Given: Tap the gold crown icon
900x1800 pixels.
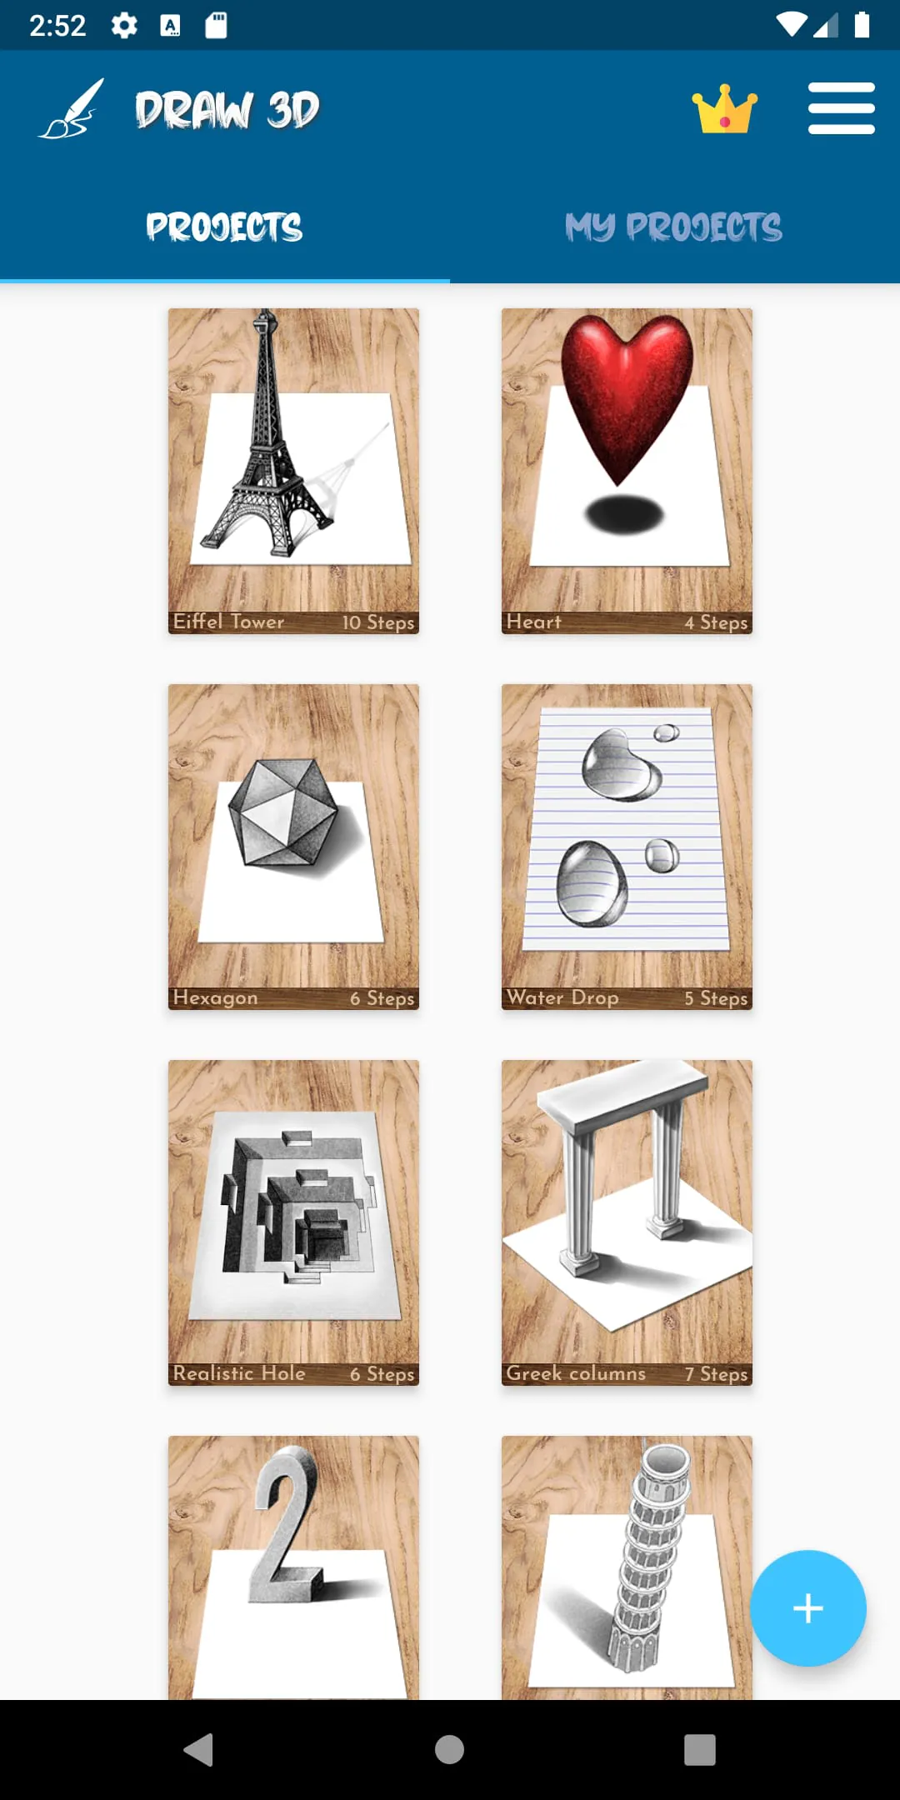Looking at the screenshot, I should [x=724, y=109].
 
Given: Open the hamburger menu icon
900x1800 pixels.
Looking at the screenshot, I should [x=841, y=108].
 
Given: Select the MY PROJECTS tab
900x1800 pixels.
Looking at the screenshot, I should [x=673, y=227].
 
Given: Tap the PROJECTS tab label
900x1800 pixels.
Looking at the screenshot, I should [x=224, y=227].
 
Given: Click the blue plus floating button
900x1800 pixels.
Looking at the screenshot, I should [x=807, y=1607].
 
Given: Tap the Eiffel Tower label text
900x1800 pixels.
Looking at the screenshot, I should [x=228, y=622].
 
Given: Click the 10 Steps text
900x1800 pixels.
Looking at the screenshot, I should [x=377, y=622].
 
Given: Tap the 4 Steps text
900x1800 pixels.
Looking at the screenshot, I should [x=716, y=622].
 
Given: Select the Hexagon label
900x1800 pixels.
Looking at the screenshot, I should [x=215, y=997].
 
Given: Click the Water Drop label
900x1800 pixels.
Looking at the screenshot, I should [x=562, y=997].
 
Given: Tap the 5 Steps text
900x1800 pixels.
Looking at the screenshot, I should [x=716, y=998].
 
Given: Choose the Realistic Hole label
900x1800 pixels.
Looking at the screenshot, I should [x=239, y=1373].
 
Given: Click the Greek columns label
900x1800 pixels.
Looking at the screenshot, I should [x=576, y=1373].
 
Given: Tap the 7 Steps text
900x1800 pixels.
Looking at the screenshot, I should [x=716, y=1374].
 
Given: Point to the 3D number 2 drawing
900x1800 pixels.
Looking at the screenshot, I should [x=287, y=1525].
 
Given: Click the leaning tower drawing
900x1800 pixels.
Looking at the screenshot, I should [x=650, y=1558].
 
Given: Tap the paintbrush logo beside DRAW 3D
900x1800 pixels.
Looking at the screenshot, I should [x=72, y=109].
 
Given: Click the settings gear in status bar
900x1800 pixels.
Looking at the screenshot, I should [x=124, y=25].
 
